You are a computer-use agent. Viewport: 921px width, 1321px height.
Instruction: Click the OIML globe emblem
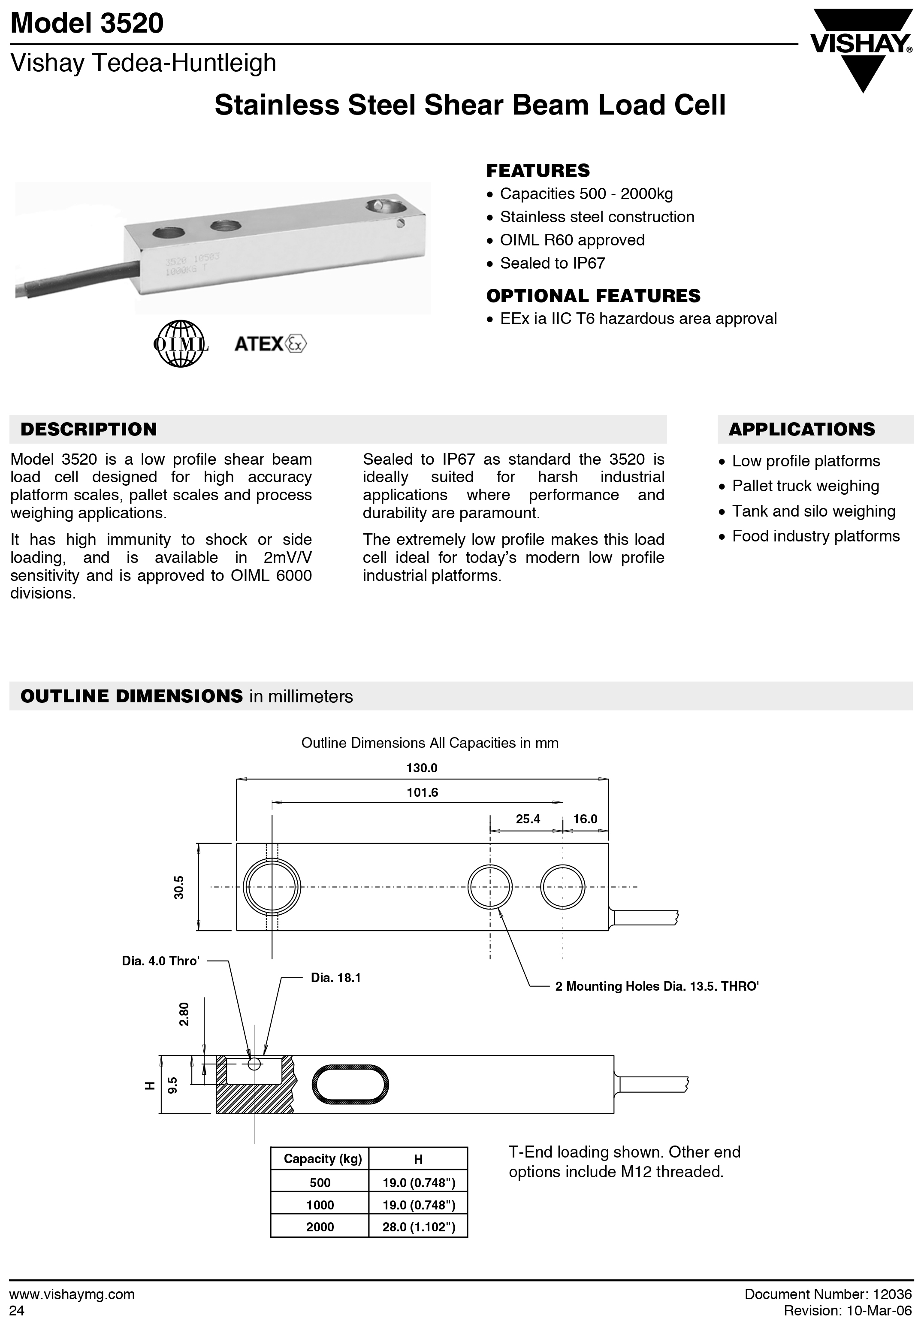(x=181, y=344)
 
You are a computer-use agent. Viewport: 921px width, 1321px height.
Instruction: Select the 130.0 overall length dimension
(x=422, y=768)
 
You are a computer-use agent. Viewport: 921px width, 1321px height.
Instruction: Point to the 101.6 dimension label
(x=422, y=793)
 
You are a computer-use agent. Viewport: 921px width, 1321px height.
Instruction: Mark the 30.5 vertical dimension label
(x=179, y=887)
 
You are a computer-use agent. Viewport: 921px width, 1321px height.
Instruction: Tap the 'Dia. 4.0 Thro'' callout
(x=160, y=961)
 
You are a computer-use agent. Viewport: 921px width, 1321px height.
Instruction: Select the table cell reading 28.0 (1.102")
(x=418, y=1227)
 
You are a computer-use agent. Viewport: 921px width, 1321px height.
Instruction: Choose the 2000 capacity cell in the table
(x=320, y=1227)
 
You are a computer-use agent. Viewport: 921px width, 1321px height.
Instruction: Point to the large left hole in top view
(x=272, y=887)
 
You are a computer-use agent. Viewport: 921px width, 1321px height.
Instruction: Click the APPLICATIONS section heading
(x=801, y=429)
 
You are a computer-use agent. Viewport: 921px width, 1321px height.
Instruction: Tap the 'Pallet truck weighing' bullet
(x=805, y=486)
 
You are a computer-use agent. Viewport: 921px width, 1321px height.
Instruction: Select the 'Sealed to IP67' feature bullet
(x=552, y=263)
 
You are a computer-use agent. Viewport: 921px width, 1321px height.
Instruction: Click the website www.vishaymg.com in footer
(x=72, y=1294)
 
